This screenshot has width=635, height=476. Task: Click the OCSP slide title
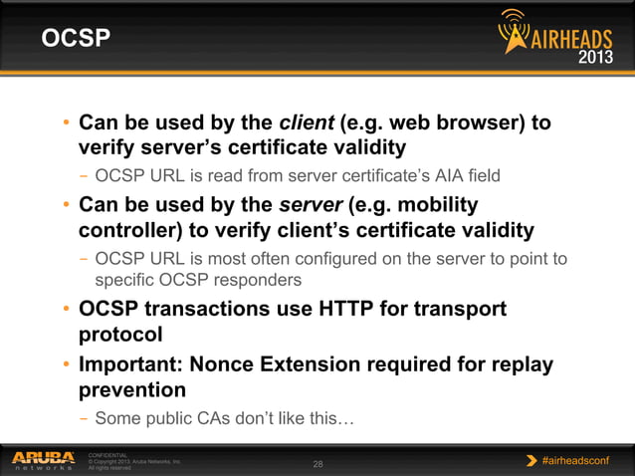75,39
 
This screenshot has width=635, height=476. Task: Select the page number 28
318,464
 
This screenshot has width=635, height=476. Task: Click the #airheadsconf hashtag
580,460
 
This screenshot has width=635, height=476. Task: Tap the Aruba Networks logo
43,460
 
